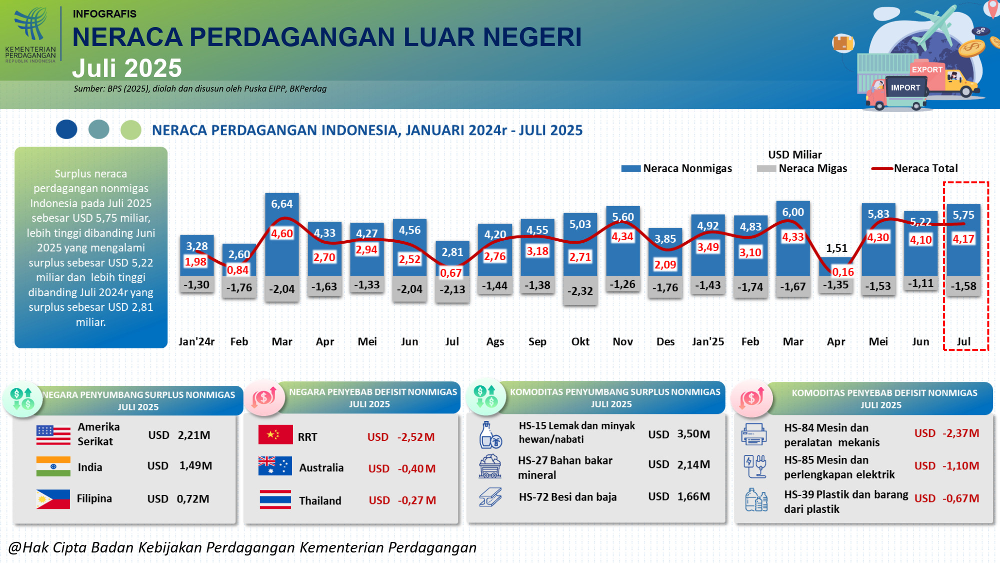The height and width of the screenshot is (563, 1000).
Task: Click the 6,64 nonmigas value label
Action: click(282, 204)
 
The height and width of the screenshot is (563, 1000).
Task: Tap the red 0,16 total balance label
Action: click(843, 272)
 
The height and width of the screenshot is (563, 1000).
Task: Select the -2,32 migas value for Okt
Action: click(580, 291)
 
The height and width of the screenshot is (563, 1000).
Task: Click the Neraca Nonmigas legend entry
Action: click(677, 169)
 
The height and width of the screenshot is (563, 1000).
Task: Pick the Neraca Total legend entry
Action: click(915, 169)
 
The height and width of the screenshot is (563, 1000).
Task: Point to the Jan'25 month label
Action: click(708, 342)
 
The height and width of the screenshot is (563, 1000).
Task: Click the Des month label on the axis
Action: click(665, 342)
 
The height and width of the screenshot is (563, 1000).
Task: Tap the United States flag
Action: click(53, 435)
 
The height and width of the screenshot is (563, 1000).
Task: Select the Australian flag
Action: click(275, 466)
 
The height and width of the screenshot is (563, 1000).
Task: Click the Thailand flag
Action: click(275, 499)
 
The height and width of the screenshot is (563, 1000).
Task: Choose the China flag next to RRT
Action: click(275, 435)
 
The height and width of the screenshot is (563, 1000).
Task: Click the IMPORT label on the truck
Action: click(905, 88)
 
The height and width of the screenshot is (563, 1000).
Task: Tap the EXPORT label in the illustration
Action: click(927, 70)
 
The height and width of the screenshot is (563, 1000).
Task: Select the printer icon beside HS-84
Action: click(754, 434)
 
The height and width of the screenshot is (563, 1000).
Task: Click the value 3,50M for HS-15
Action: click(693, 434)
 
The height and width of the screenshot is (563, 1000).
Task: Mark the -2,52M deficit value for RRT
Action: click(416, 437)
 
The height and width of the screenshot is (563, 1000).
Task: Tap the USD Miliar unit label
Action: click(795, 155)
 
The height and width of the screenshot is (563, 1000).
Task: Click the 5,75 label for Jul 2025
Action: click(963, 215)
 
